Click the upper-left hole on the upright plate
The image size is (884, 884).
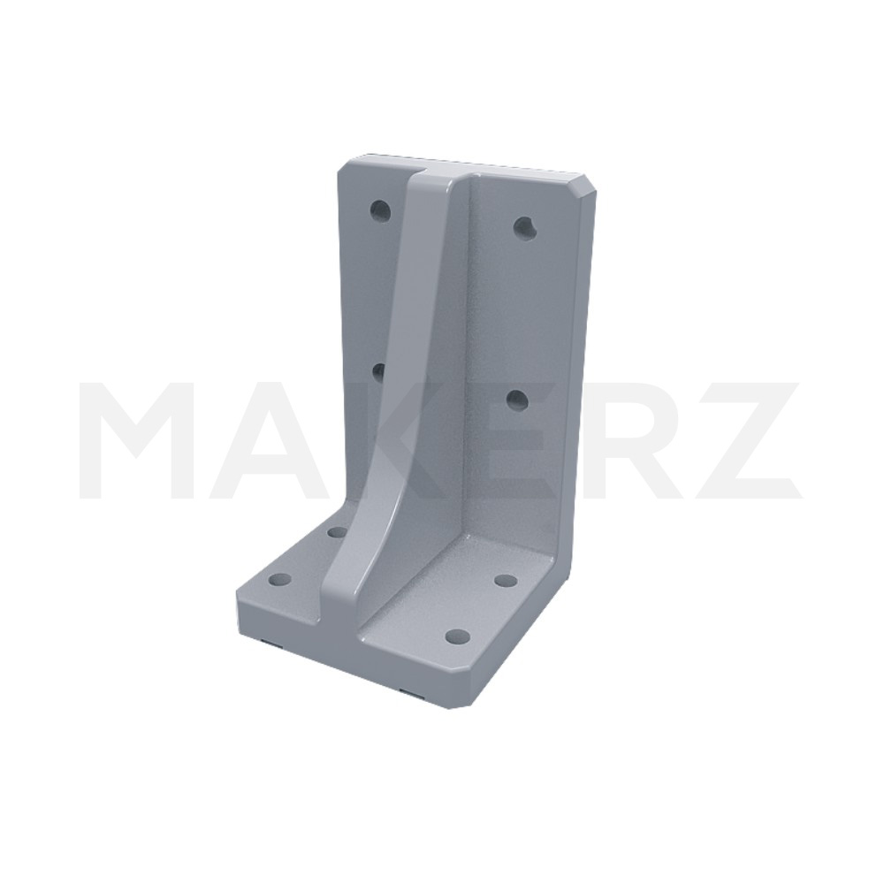point(380,211)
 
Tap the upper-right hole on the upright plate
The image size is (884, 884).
point(524,227)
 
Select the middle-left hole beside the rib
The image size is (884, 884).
point(379,372)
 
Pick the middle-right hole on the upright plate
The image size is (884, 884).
point(516,400)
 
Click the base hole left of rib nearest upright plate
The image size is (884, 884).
point(337,531)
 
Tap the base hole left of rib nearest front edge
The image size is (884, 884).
point(279,579)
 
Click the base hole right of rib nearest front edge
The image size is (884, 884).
point(457,637)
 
